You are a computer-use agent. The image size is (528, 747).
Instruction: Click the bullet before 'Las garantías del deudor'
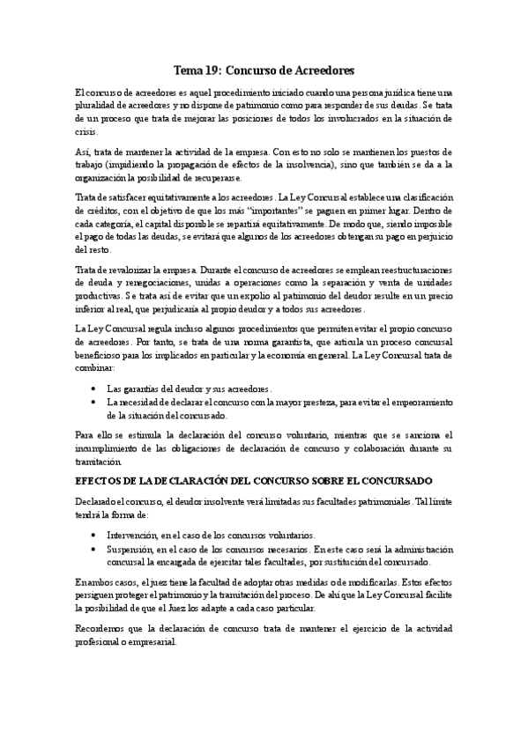tap(95, 388)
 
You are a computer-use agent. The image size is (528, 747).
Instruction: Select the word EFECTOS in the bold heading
tap(100, 481)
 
